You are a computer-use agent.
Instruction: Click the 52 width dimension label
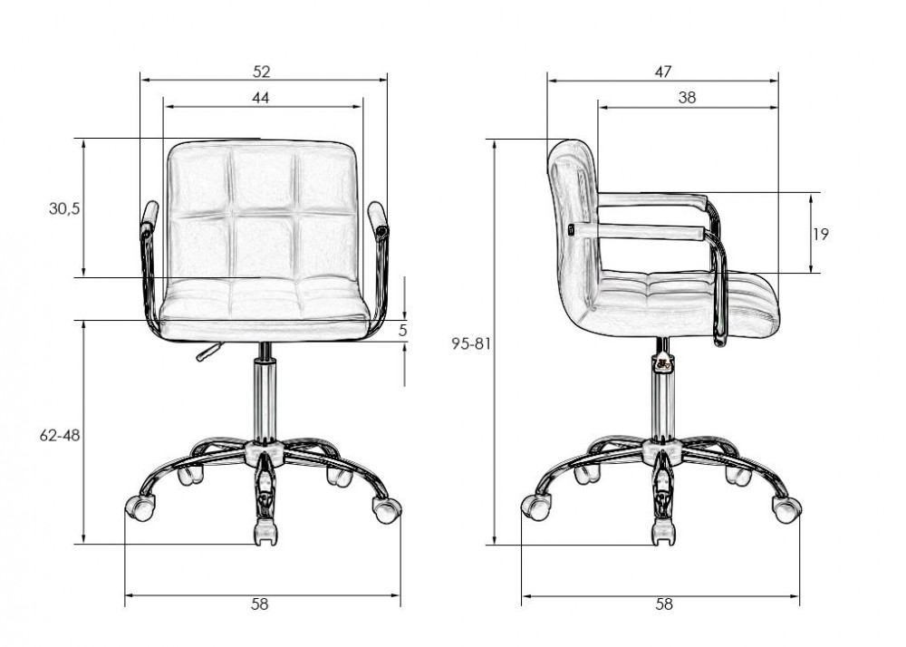[x=262, y=72]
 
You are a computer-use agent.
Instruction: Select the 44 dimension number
[x=261, y=98]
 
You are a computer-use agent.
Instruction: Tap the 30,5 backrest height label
[x=64, y=208]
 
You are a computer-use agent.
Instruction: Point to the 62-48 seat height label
[x=60, y=436]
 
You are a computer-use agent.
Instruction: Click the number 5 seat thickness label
[x=403, y=331]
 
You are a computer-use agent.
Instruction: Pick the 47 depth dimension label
[x=663, y=72]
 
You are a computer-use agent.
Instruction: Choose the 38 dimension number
[x=687, y=98]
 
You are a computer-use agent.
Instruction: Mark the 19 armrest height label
[x=821, y=234]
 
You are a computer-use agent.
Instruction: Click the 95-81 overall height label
[x=471, y=344]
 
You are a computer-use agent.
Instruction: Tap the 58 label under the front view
[x=260, y=604]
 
